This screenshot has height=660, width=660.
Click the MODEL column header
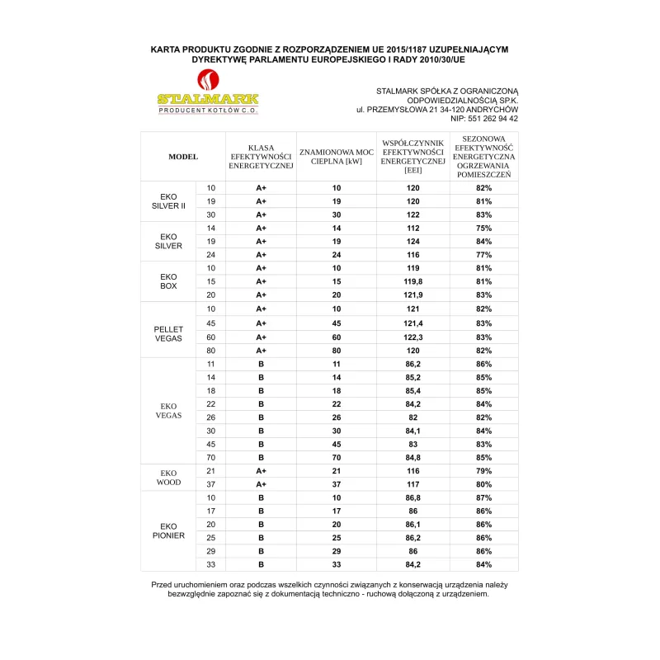pos(183,156)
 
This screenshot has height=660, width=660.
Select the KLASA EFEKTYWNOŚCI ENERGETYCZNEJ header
pos(261,156)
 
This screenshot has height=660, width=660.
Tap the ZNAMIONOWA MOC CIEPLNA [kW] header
pos(336,156)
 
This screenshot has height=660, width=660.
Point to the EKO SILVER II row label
pos(169,201)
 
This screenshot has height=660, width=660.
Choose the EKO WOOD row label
pos(169,477)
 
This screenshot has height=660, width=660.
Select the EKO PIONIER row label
pos(169,530)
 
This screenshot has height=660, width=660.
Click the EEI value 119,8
pos(412,281)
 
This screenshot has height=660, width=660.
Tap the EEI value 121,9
pos(412,295)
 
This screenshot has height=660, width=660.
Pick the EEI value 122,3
pos(412,337)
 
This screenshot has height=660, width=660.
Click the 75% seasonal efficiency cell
pos(483,228)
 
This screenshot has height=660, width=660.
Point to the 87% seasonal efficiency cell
pos(483,497)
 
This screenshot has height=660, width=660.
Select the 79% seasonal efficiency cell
pos(483,470)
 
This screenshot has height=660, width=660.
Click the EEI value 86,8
pos(412,497)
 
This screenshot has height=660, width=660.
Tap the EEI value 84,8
pos(412,457)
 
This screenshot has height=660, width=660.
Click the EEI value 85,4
pos(412,390)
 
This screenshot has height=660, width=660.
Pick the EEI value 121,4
pos(412,323)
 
